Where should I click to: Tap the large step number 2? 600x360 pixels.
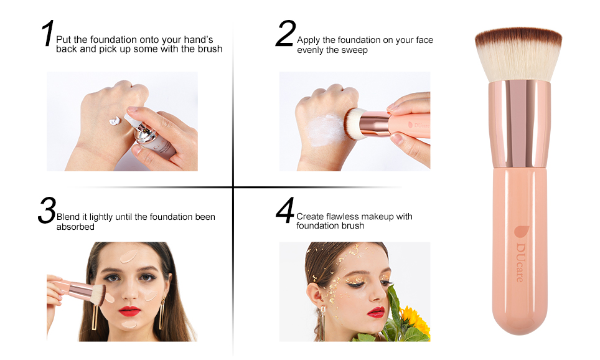(x=286, y=33)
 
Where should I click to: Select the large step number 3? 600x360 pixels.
(x=47, y=211)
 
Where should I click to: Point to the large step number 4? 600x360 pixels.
(x=286, y=211)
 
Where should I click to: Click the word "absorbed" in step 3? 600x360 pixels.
(x=75, y=227)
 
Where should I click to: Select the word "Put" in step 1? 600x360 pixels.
(x=64, y=39)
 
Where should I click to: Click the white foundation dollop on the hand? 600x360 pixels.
(x=115, y=121)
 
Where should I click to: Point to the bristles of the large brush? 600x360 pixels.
(x=518, y=54)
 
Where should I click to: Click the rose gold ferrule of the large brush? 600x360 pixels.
(x=519, y=125)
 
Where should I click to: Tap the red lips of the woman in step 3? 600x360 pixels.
(x=129, y=311)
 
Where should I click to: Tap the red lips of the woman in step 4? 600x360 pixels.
(x=376, y=313)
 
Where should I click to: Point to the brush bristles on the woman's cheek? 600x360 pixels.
(x=98, y=295)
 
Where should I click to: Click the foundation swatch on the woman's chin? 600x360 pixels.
(x=129, y=324)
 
